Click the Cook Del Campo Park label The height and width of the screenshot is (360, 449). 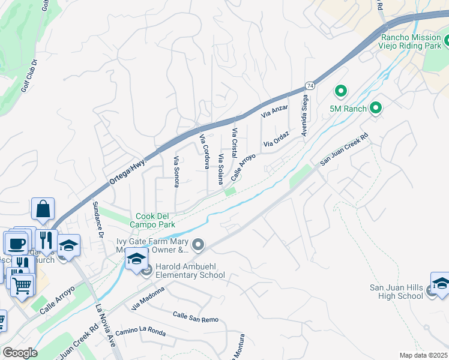point(155,220)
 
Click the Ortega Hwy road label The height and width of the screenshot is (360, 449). point(129,167)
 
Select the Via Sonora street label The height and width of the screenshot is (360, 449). point(176,172)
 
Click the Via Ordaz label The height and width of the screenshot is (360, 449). point(276,140)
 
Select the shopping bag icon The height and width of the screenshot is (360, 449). point(43,209)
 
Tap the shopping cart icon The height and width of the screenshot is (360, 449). point(22,286)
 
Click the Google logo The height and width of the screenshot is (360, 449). point(20,353)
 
